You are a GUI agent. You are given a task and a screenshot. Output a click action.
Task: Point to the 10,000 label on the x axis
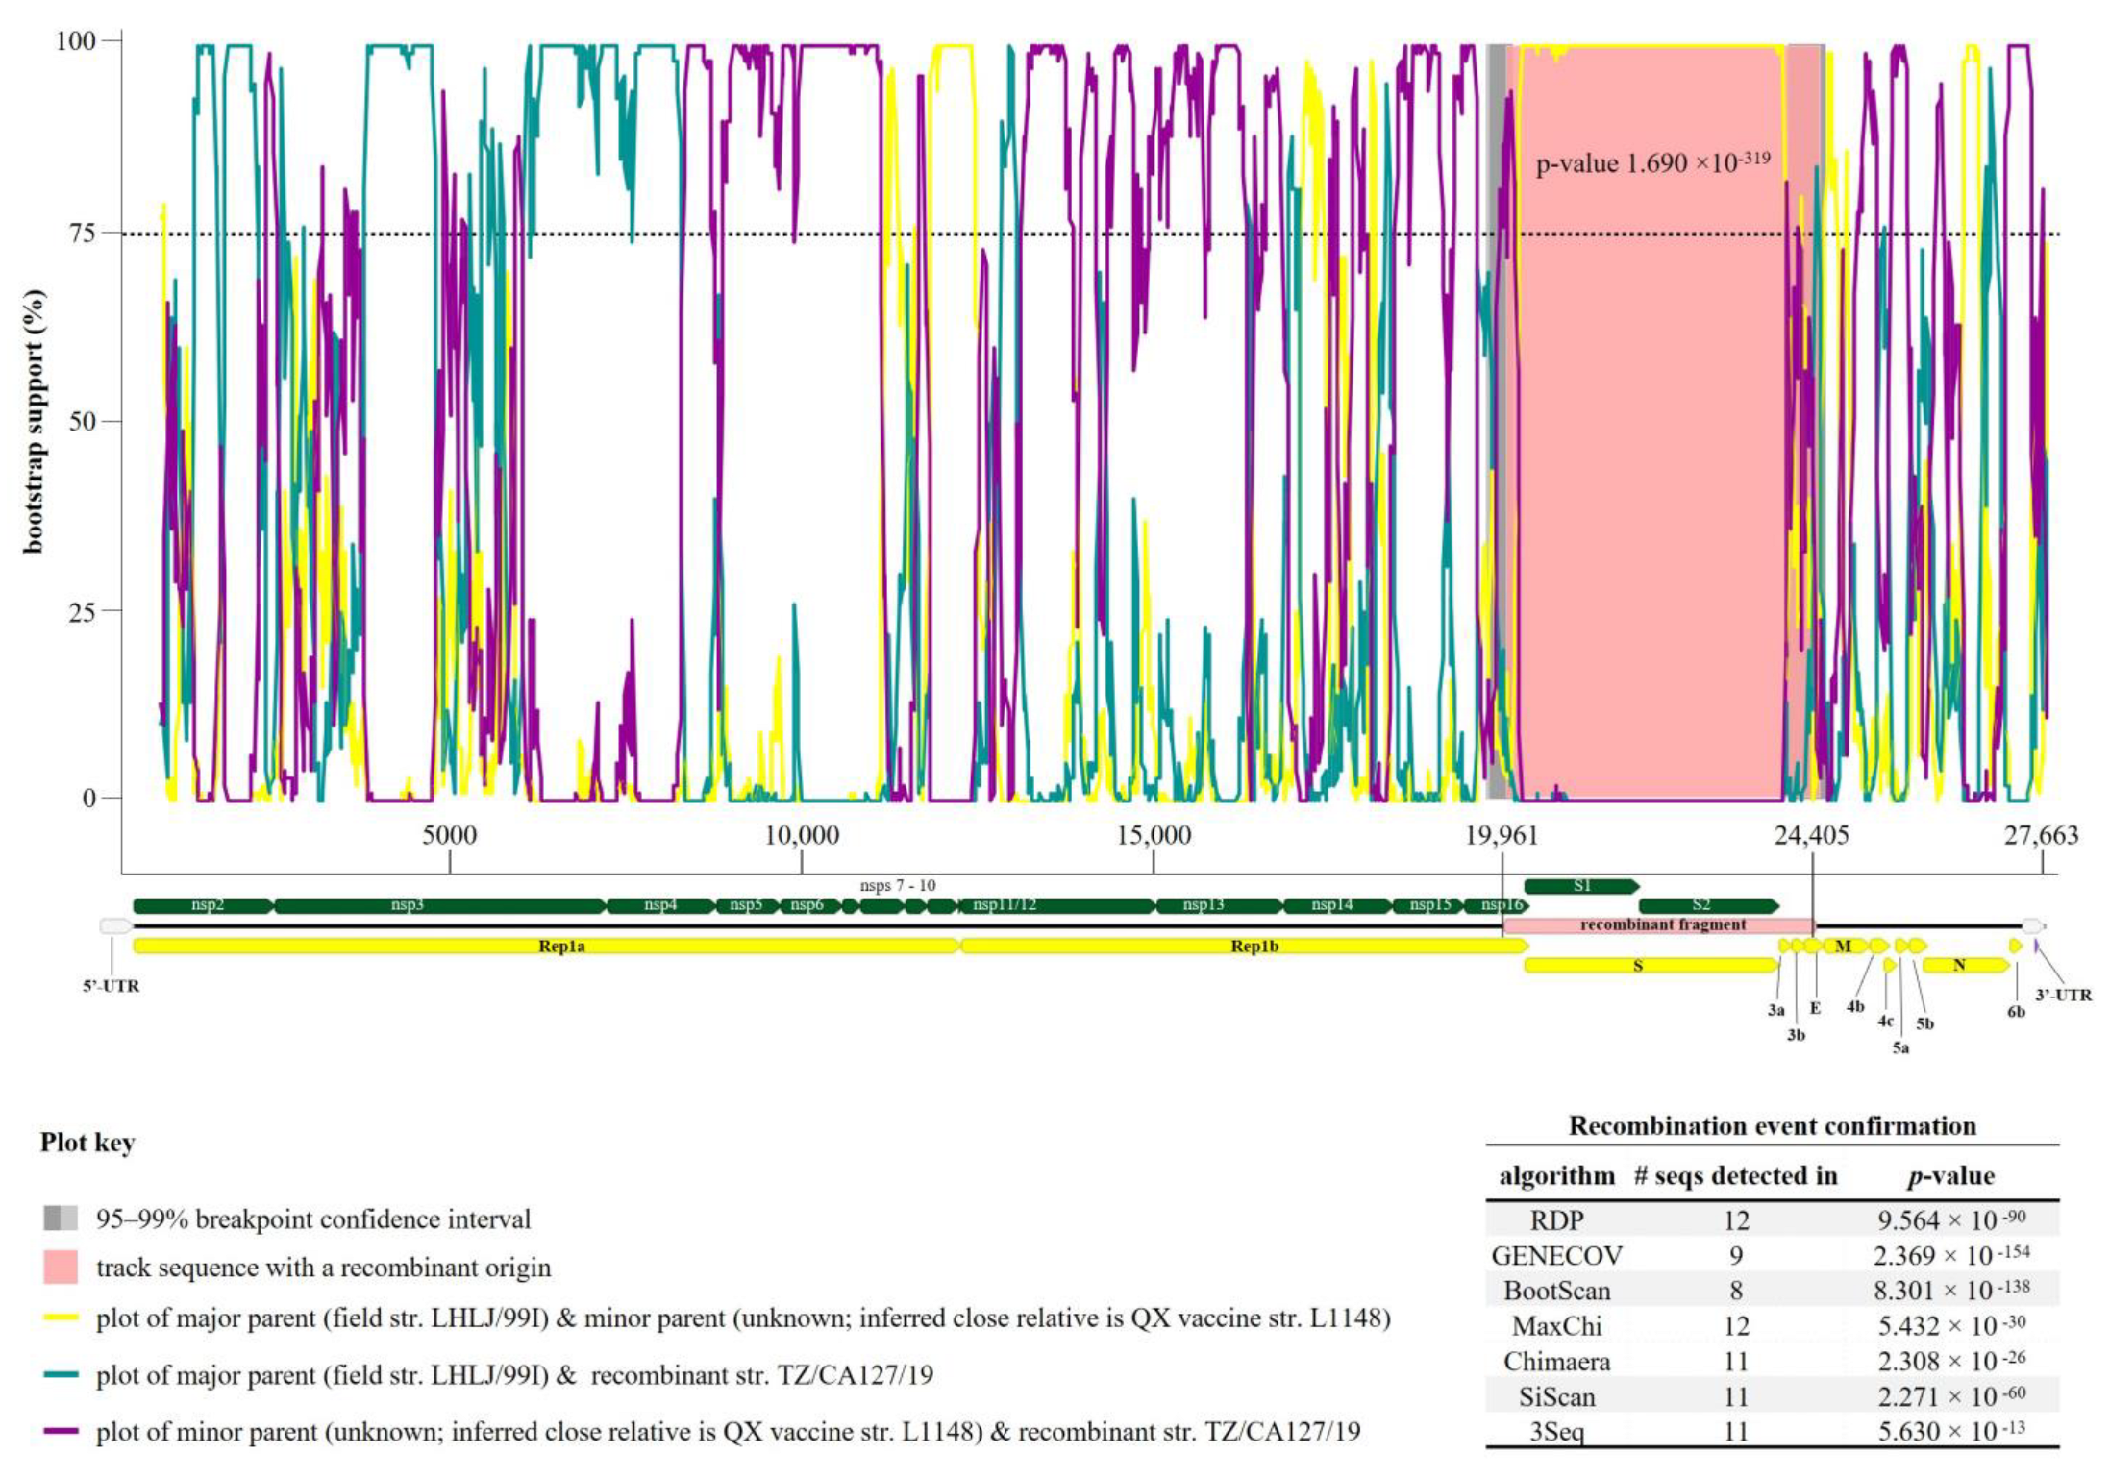pos(801,836)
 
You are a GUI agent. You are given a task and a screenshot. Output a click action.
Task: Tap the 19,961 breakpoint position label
pos(1501,836)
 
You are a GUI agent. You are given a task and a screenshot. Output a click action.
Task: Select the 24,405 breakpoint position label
pos(1811,836)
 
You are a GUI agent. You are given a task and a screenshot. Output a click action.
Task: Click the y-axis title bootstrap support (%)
pos(34,421)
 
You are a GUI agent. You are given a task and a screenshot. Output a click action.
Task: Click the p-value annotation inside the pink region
pos(1651,162)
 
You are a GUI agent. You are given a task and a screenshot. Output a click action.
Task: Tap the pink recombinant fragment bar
pos(1661,925)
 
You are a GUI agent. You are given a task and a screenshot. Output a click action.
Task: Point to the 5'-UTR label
pos(112,987)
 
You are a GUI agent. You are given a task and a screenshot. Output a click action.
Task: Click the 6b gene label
pos(2015,1012)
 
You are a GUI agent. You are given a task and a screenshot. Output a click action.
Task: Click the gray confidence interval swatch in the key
pos(60,1219)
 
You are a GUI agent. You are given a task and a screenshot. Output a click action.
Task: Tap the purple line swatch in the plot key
pos(60,1432)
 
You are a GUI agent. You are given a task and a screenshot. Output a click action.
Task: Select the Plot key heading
pos(87,1143)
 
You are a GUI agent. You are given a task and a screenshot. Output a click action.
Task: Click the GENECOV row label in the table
pos(1555,1255)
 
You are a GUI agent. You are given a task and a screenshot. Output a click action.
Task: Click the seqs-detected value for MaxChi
pos(1735,1326)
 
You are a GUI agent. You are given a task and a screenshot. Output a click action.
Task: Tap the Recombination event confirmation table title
pos(1772,1126)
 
